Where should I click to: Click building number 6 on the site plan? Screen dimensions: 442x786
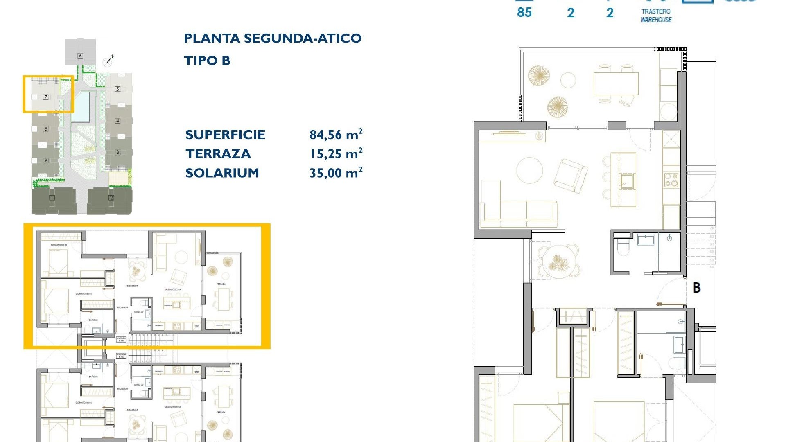(80, 56)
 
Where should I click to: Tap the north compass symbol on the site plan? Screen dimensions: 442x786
(108, 61)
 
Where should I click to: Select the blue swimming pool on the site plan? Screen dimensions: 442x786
(81, 106)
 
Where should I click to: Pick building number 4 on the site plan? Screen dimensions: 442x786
(117, 120)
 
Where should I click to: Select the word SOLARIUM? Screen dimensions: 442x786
(222, 173)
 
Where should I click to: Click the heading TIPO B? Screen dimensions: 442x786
(207, 61)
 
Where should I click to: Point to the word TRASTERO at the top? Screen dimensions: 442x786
(656, 11)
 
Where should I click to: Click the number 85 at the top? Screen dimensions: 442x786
(524, 13)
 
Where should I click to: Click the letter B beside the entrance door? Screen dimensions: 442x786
(697, 288)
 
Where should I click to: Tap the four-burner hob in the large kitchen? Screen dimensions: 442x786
(671, 180)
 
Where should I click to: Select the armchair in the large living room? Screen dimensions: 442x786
(571, 176)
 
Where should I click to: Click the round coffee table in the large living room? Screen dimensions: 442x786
(530, 171)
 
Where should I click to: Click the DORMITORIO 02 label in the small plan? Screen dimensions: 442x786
(59, 245)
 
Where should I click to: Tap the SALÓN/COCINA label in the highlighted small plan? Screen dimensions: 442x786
(172, 289)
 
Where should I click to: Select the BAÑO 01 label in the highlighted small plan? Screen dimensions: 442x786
(93, 320)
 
